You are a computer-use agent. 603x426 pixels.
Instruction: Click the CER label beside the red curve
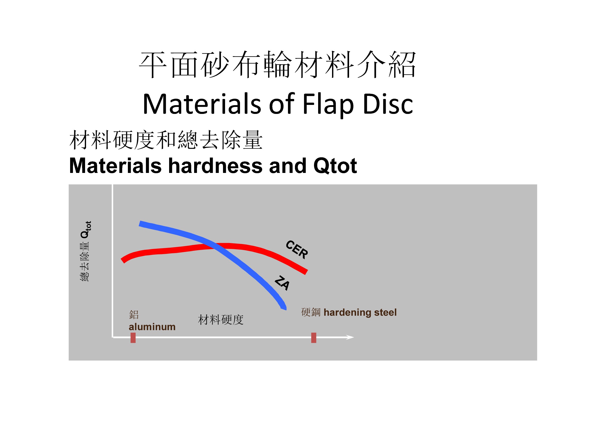pos(297,250)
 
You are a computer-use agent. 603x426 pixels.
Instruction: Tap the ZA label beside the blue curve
pos(282,283)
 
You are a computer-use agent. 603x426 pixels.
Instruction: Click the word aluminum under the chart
pos(152,327)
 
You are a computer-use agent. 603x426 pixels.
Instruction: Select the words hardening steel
pos(360,312)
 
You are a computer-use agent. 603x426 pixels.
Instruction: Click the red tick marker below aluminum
pos(133,338)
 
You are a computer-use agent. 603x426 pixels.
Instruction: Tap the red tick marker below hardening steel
pos(313,338)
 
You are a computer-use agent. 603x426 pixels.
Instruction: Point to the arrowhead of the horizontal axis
pos(353,337)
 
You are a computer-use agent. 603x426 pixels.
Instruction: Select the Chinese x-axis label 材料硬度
pos(221,320)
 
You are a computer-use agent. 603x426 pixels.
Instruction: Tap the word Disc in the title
pos(388,104)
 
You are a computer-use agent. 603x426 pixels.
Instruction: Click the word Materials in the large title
pos(202,104)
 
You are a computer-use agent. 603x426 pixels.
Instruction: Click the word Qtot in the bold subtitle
pos(335,166)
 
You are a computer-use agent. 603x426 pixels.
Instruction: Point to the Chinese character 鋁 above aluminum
pos(134,314)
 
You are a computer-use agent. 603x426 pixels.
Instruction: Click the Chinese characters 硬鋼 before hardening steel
pos(311,312)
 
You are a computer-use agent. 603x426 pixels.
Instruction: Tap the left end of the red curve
pos(123,261)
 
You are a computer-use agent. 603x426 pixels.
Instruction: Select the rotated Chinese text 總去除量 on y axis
pos(85,262)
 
